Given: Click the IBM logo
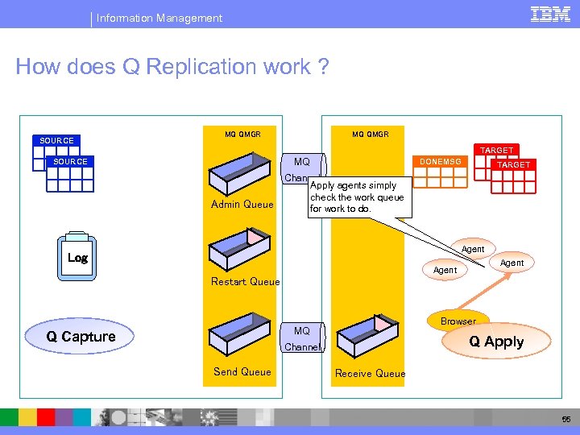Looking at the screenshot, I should (x=550, y=14).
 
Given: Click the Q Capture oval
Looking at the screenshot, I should (x=81, y=337).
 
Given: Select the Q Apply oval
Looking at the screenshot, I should (x=496, y=342).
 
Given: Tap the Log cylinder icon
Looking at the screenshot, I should (x=78, y=257).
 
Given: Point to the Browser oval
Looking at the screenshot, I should (x=458, y=320).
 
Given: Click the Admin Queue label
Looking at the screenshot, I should (x=242, y=205).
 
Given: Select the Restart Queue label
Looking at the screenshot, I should (x=245, y=281).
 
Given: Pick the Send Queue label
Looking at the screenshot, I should (x=242, y=371).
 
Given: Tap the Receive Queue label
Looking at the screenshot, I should (x=370, y=373).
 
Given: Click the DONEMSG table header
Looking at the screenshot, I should (x=440, y=162).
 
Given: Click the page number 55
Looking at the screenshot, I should (x=565, y=420).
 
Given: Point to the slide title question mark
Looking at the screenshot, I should (x=323, y=66).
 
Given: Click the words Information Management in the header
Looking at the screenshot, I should (x=159, y=18).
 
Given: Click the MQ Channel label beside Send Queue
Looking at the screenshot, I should (x=302, y=339).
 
